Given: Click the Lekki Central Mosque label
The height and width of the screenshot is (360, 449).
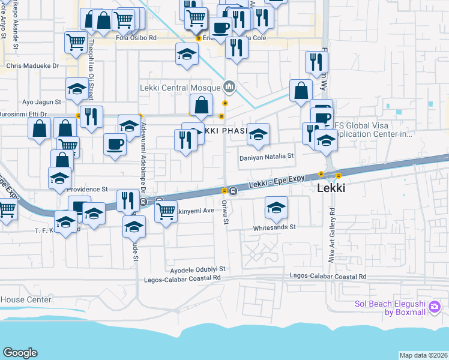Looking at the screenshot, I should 181,88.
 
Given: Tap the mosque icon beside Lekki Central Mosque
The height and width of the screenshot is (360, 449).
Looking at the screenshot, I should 229,88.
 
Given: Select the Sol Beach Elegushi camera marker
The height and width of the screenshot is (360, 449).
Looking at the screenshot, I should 435,307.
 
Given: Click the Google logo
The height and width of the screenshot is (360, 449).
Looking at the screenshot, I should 20,353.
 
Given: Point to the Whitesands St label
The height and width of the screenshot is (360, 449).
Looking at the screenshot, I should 275,227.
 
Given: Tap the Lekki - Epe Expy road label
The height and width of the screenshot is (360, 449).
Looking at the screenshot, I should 279,181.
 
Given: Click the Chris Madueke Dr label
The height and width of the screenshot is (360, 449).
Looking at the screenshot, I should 32,66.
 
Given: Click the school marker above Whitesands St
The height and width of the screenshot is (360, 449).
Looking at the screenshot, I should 276,208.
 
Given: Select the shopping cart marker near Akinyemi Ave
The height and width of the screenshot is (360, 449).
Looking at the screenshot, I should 166,211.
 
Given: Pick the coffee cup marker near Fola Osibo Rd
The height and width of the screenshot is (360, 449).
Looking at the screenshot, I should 220,26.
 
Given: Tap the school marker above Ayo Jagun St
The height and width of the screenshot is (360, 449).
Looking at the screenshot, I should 76,89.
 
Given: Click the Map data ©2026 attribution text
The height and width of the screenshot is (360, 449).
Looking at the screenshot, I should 423,355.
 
